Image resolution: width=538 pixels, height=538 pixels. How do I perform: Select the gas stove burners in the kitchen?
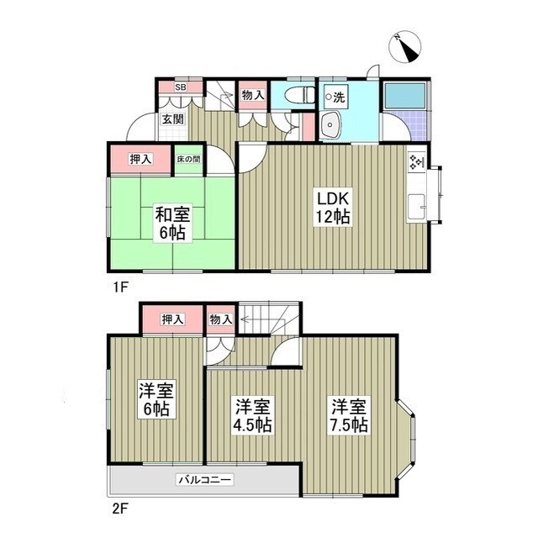416,162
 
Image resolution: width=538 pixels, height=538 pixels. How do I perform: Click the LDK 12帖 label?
333,206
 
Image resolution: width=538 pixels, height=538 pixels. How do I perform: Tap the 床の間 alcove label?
189,160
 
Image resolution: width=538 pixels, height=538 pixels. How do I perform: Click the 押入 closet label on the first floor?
140,159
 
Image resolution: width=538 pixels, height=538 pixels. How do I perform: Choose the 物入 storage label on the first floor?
253,96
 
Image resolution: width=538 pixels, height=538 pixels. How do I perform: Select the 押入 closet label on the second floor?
172,319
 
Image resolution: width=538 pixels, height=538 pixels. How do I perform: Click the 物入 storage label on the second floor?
221,319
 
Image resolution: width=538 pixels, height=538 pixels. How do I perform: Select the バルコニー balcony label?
204,480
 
